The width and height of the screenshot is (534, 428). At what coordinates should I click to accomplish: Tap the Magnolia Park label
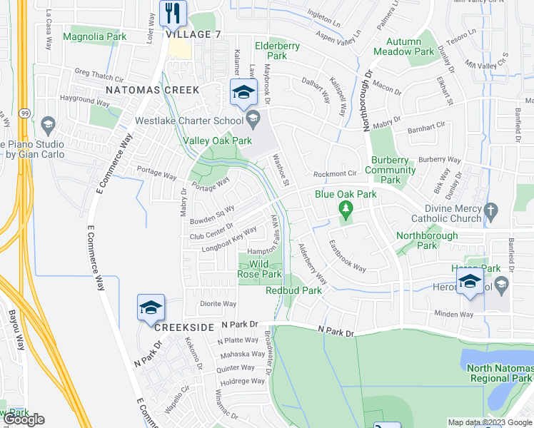94,36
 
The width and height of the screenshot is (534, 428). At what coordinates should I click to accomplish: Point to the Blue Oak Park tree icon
346,208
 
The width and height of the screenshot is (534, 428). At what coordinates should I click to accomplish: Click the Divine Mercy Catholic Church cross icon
490,210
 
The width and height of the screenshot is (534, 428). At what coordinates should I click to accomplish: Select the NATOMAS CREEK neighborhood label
152,91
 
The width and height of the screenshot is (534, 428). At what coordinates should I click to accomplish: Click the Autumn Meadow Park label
403,46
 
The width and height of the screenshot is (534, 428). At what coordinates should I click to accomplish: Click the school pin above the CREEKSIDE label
151,307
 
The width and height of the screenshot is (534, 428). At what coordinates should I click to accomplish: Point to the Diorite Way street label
218,304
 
